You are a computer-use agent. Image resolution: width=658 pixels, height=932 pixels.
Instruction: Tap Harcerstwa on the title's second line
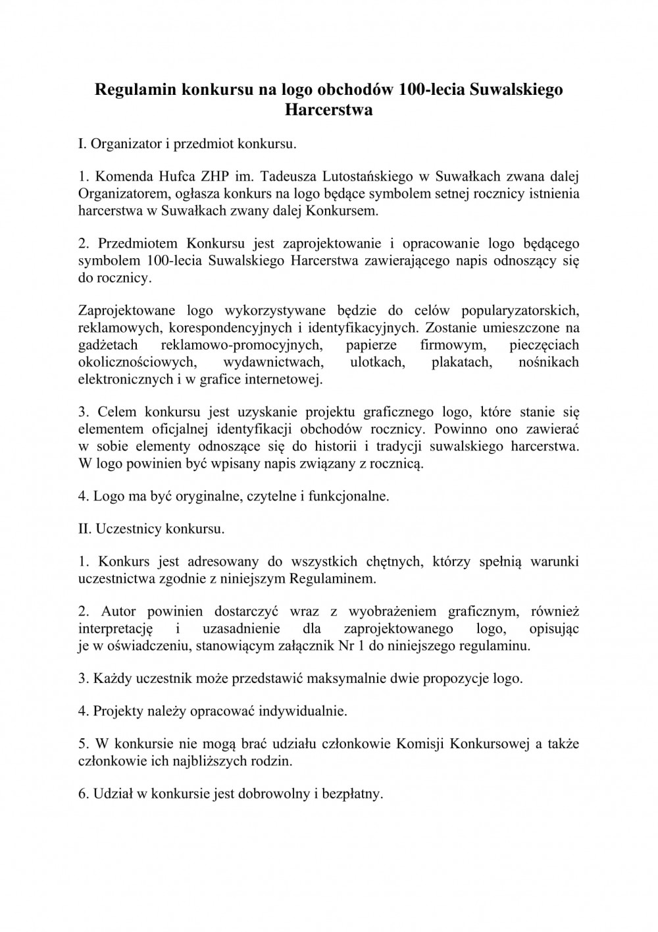(329, 109)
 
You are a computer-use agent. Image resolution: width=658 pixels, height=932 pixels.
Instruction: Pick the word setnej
(428, 194)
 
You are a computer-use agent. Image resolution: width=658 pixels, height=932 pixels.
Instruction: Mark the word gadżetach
(108, 344)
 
